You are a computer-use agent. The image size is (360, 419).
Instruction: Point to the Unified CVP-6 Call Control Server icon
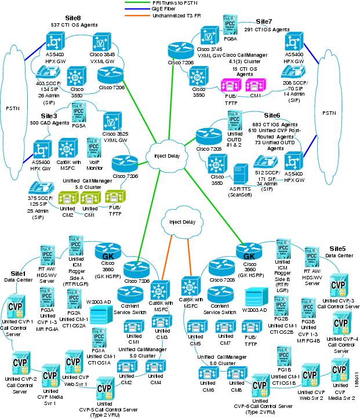(x=260, y=386)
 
